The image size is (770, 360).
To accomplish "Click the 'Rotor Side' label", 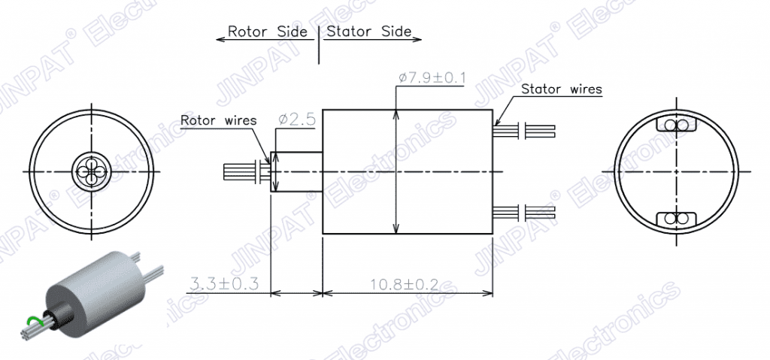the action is point(268,32).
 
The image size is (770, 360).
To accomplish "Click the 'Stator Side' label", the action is point(368,32).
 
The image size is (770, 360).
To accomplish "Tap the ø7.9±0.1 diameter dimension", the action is point(432,78).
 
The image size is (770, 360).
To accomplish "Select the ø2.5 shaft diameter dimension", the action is point(296,119).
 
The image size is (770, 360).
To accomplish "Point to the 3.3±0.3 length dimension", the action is point(224,283).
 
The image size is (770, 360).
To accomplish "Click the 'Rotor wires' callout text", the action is point(219,120).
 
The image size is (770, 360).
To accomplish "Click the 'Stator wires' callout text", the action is point(561,89).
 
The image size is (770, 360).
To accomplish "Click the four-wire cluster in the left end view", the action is point(92,171).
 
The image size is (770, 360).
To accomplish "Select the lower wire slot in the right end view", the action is point(676,219).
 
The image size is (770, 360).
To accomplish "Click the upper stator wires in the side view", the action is point(524,131).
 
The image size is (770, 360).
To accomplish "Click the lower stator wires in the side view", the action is point(524,212).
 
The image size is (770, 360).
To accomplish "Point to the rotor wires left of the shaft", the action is point(247,171).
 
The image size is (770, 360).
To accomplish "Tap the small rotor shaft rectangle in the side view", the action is point(296,171).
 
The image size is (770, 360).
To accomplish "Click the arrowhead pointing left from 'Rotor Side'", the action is point(220,39).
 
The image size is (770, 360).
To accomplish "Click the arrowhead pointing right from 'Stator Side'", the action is point(417,39).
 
